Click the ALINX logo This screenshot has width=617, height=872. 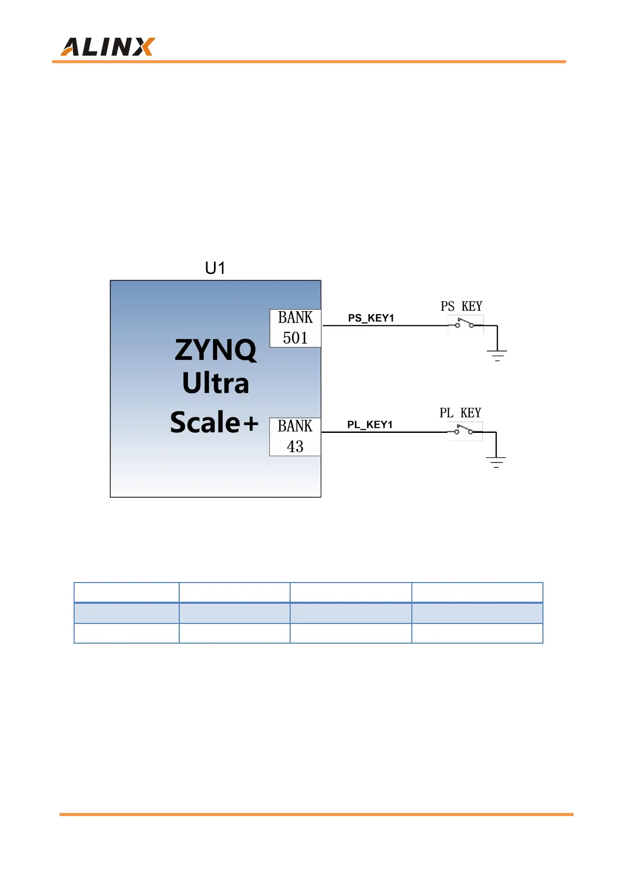pyautogui.click(x=108, y=47)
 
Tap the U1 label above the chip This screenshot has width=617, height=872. pyautogui.click(x=215, y=268)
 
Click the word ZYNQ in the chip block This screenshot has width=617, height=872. pyautogui.click(x=216, y=350)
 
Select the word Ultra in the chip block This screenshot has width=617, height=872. pyautogui.click(x=216, y=383)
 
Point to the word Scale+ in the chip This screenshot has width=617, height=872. pyautogui.click(x=214, y=422)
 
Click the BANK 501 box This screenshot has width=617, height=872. pyautogui.click(x=295, y=328)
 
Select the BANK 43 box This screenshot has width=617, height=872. pyautogui.click(x=295, y=437)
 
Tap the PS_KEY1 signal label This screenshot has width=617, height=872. pyautogui.click(x=371, y=318)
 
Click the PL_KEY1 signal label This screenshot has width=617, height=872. pyautogui.click(x=370, y=425)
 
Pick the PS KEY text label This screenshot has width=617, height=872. pyautogui.click(x=461, y=307)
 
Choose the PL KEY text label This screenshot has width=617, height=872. pyautogui.click(x=460, y=413)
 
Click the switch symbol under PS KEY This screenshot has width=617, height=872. pyautogui.click(x=465, y=324)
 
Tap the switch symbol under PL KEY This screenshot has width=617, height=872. pyautogui.click(x=464, y=430)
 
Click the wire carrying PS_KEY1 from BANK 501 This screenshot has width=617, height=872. pyautogui.click(x=383, y=326)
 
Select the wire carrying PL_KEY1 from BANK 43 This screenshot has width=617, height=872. pyautogui.click(x=383, y=432)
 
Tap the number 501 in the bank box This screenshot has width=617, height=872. pyautogui.click(x=295, y=338)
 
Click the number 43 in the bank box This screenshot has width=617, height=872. pyautogui.click(x=295, y=446)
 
